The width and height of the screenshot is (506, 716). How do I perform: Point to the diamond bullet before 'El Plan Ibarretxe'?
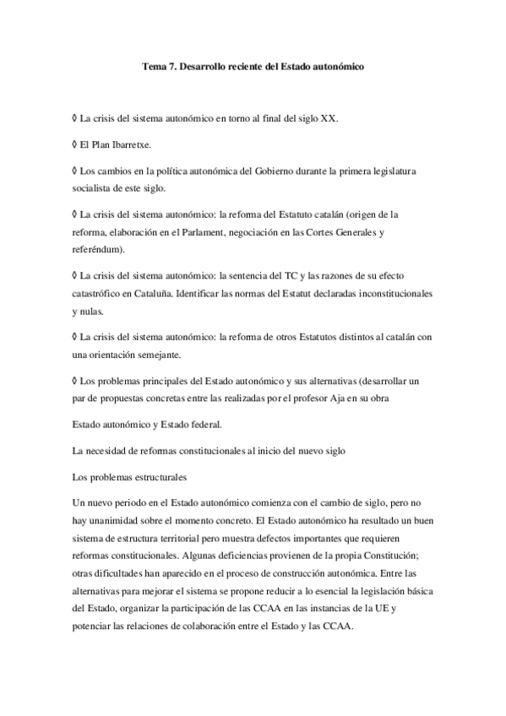coord(75,144)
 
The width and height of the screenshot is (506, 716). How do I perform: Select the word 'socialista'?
coord(93,187)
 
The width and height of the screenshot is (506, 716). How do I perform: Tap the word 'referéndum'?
coord(98,250)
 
